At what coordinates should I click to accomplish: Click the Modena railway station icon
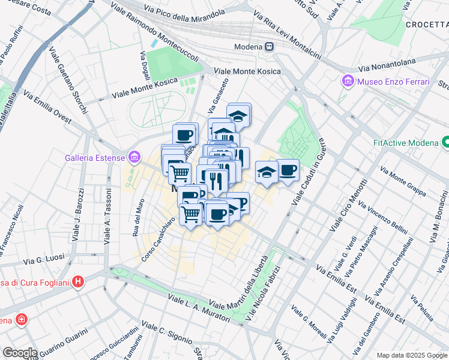click(270, 47)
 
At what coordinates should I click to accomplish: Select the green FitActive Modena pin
click(446, 143)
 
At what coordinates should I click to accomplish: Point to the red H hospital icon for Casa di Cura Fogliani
click(77, 281)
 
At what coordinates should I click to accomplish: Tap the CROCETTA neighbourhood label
click(427, 25)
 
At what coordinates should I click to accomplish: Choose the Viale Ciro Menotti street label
click(348, 205)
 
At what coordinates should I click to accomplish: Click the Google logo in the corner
click(19, 353)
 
